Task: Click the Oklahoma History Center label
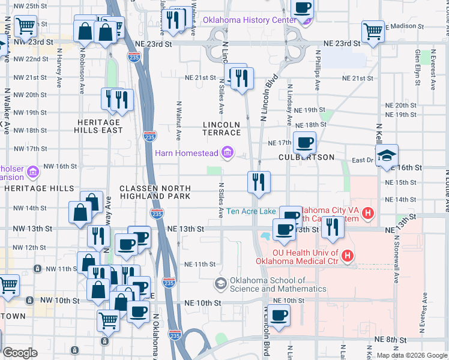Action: coord(249,20)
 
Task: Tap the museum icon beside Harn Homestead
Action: coord(228,153)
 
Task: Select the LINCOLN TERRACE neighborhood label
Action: coord(221,128)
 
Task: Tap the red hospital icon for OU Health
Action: coord(346,257)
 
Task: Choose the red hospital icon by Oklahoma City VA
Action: coord(368,212)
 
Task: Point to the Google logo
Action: coord(20,353)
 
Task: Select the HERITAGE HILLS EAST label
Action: coord(98,126)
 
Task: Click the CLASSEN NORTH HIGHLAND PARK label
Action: coord(155,192)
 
